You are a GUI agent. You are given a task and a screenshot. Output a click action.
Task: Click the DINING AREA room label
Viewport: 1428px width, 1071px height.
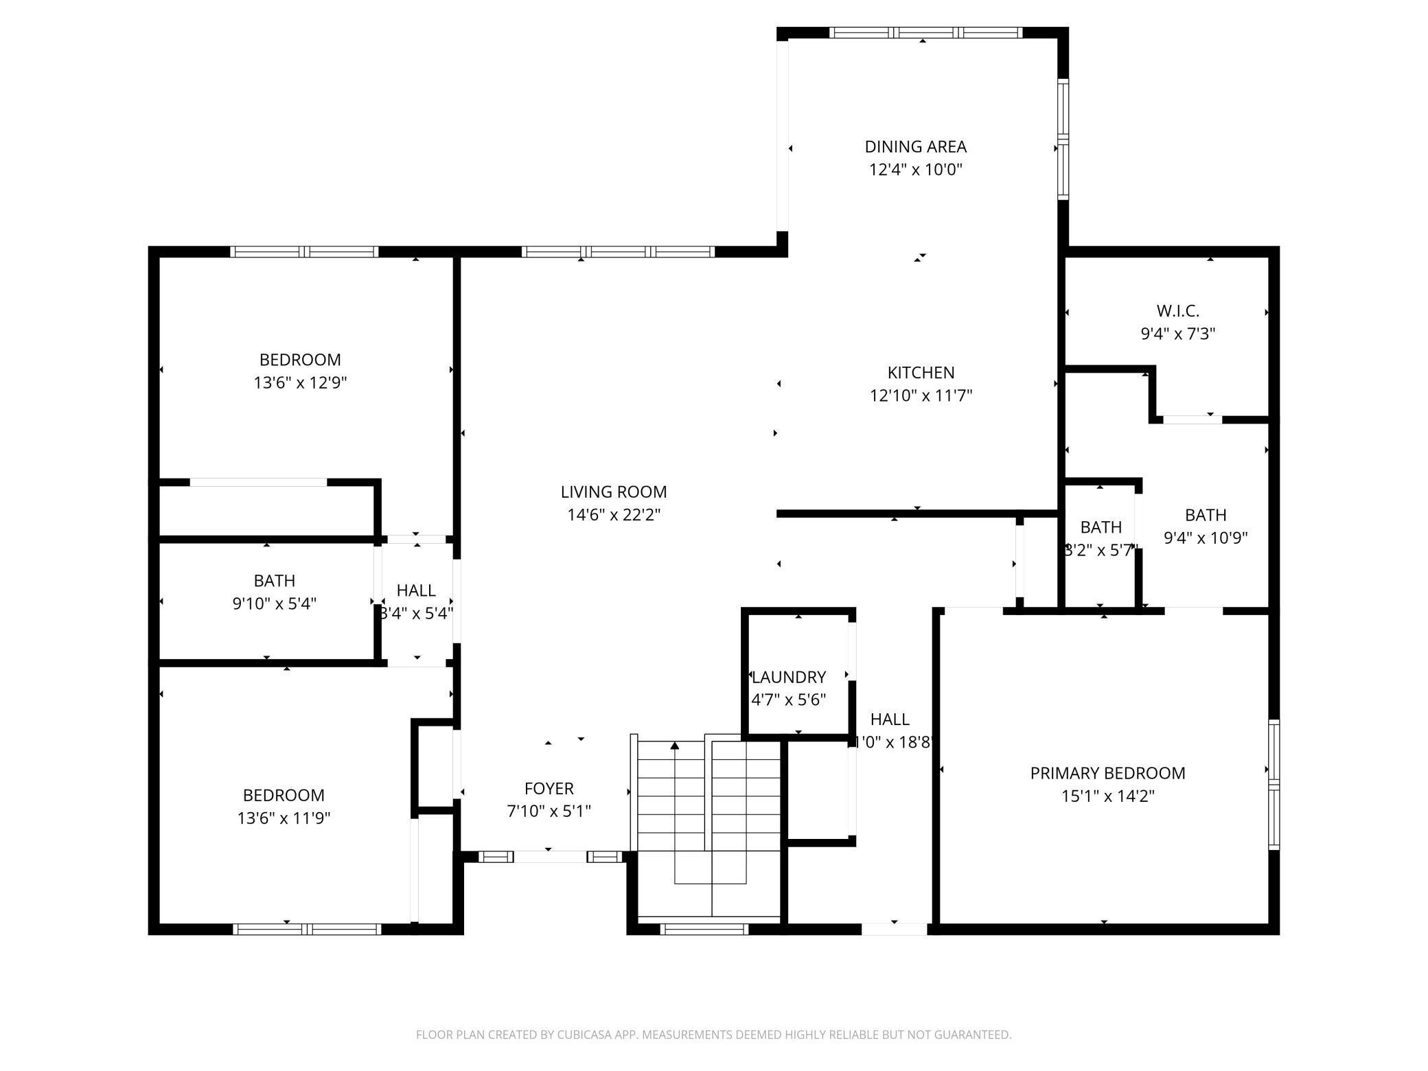(x=915, y=146)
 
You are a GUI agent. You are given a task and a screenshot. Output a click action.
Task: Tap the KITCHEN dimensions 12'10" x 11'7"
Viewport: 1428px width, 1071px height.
(x=921, y=395)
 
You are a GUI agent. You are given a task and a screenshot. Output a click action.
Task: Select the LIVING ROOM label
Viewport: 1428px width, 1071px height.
(x=613, y=492)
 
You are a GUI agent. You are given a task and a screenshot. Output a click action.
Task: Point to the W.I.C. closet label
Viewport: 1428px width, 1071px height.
(x=1177, y=311)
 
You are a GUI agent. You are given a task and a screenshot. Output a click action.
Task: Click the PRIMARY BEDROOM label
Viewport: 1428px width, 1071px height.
(x=1107, y=773)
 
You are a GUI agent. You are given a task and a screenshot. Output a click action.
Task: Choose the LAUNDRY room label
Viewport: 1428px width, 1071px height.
(x=788, y=677)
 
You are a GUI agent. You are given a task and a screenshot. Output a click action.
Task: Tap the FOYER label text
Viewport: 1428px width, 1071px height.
(x=549, y=788)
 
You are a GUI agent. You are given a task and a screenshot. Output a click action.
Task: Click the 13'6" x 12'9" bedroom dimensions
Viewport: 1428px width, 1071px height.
(x=300, y=382)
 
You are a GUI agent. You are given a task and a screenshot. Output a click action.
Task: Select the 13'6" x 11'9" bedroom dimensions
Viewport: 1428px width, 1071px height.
(x=284, y=818)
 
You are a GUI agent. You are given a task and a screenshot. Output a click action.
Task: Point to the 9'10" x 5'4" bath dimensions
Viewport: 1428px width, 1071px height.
(x=274, y=603)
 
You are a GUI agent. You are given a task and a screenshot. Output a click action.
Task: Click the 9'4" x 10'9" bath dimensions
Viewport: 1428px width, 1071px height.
(x=1205, y=538)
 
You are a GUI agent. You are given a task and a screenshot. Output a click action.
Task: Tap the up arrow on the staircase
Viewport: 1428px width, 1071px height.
(x=675, y=746)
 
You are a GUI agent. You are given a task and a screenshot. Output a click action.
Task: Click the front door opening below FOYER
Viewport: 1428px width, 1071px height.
(x=550, y=856)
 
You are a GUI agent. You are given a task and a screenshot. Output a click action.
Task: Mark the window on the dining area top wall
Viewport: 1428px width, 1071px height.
(x=925, y=32)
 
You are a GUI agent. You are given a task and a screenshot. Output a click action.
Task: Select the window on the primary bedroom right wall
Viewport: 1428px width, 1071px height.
(x=1274, y=784)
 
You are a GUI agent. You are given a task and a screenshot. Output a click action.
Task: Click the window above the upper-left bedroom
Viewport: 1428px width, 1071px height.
(x=304, y=252)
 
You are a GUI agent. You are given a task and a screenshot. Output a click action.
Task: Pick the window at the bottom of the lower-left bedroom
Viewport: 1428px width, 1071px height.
(x=306, y=929)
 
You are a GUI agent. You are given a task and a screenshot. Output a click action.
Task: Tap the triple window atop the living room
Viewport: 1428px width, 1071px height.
(x=619, y=252)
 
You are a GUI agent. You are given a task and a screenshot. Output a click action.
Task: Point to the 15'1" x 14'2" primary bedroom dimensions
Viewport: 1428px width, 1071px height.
(x=1107, y=796)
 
